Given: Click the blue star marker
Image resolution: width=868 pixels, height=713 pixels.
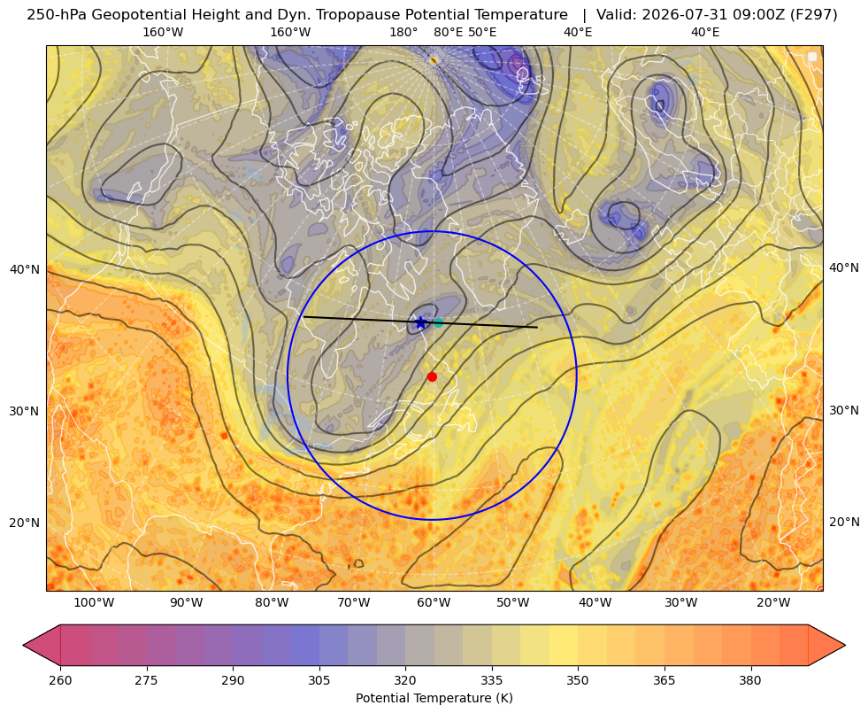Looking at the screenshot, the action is [420, 322].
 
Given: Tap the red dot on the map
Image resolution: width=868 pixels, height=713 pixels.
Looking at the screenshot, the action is [433, 376].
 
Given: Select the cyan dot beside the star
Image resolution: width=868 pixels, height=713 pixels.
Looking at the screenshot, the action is [439, 322].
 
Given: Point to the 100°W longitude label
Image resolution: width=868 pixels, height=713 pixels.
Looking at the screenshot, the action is [94, 603].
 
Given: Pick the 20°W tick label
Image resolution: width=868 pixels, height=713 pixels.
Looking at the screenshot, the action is [773, 603].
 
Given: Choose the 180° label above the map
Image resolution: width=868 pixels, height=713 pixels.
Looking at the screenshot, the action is [403, 32].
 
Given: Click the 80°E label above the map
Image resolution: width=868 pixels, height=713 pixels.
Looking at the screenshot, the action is [448, 32].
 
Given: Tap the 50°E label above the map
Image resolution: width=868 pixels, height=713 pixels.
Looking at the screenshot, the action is [482, 32].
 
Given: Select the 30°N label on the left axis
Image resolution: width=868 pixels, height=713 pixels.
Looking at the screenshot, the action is [25, 411].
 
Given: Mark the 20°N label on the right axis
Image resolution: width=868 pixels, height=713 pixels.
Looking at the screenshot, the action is [844, 522].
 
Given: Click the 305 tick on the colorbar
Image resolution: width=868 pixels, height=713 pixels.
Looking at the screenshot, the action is [319, 680].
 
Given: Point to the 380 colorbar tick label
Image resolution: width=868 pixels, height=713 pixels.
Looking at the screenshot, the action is [750, 680].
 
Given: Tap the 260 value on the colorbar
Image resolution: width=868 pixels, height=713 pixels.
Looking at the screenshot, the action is [60, 680].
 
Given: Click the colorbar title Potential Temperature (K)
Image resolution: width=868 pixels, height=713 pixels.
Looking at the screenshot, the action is [434, 698].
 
